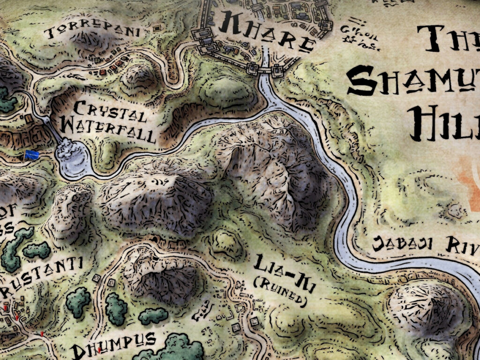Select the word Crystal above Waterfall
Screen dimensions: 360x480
[x=110, y=112]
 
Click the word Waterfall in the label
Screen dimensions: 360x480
[x=108, y=131]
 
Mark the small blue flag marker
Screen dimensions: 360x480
[x=32, y=155]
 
